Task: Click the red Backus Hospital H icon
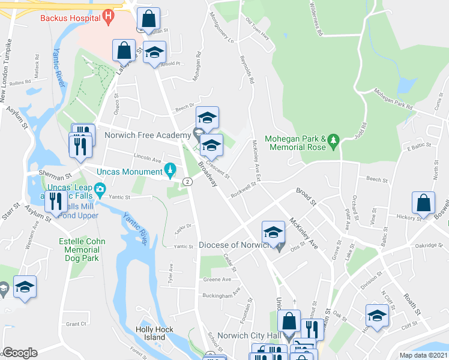point(109,16)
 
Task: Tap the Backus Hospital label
point(70,18)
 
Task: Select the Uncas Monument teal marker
point(170,172)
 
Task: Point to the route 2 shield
point(187,182)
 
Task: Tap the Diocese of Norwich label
point(235,245)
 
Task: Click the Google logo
point(20,353)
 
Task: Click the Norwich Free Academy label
point(148,135)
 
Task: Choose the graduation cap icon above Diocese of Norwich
point(273,232)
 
